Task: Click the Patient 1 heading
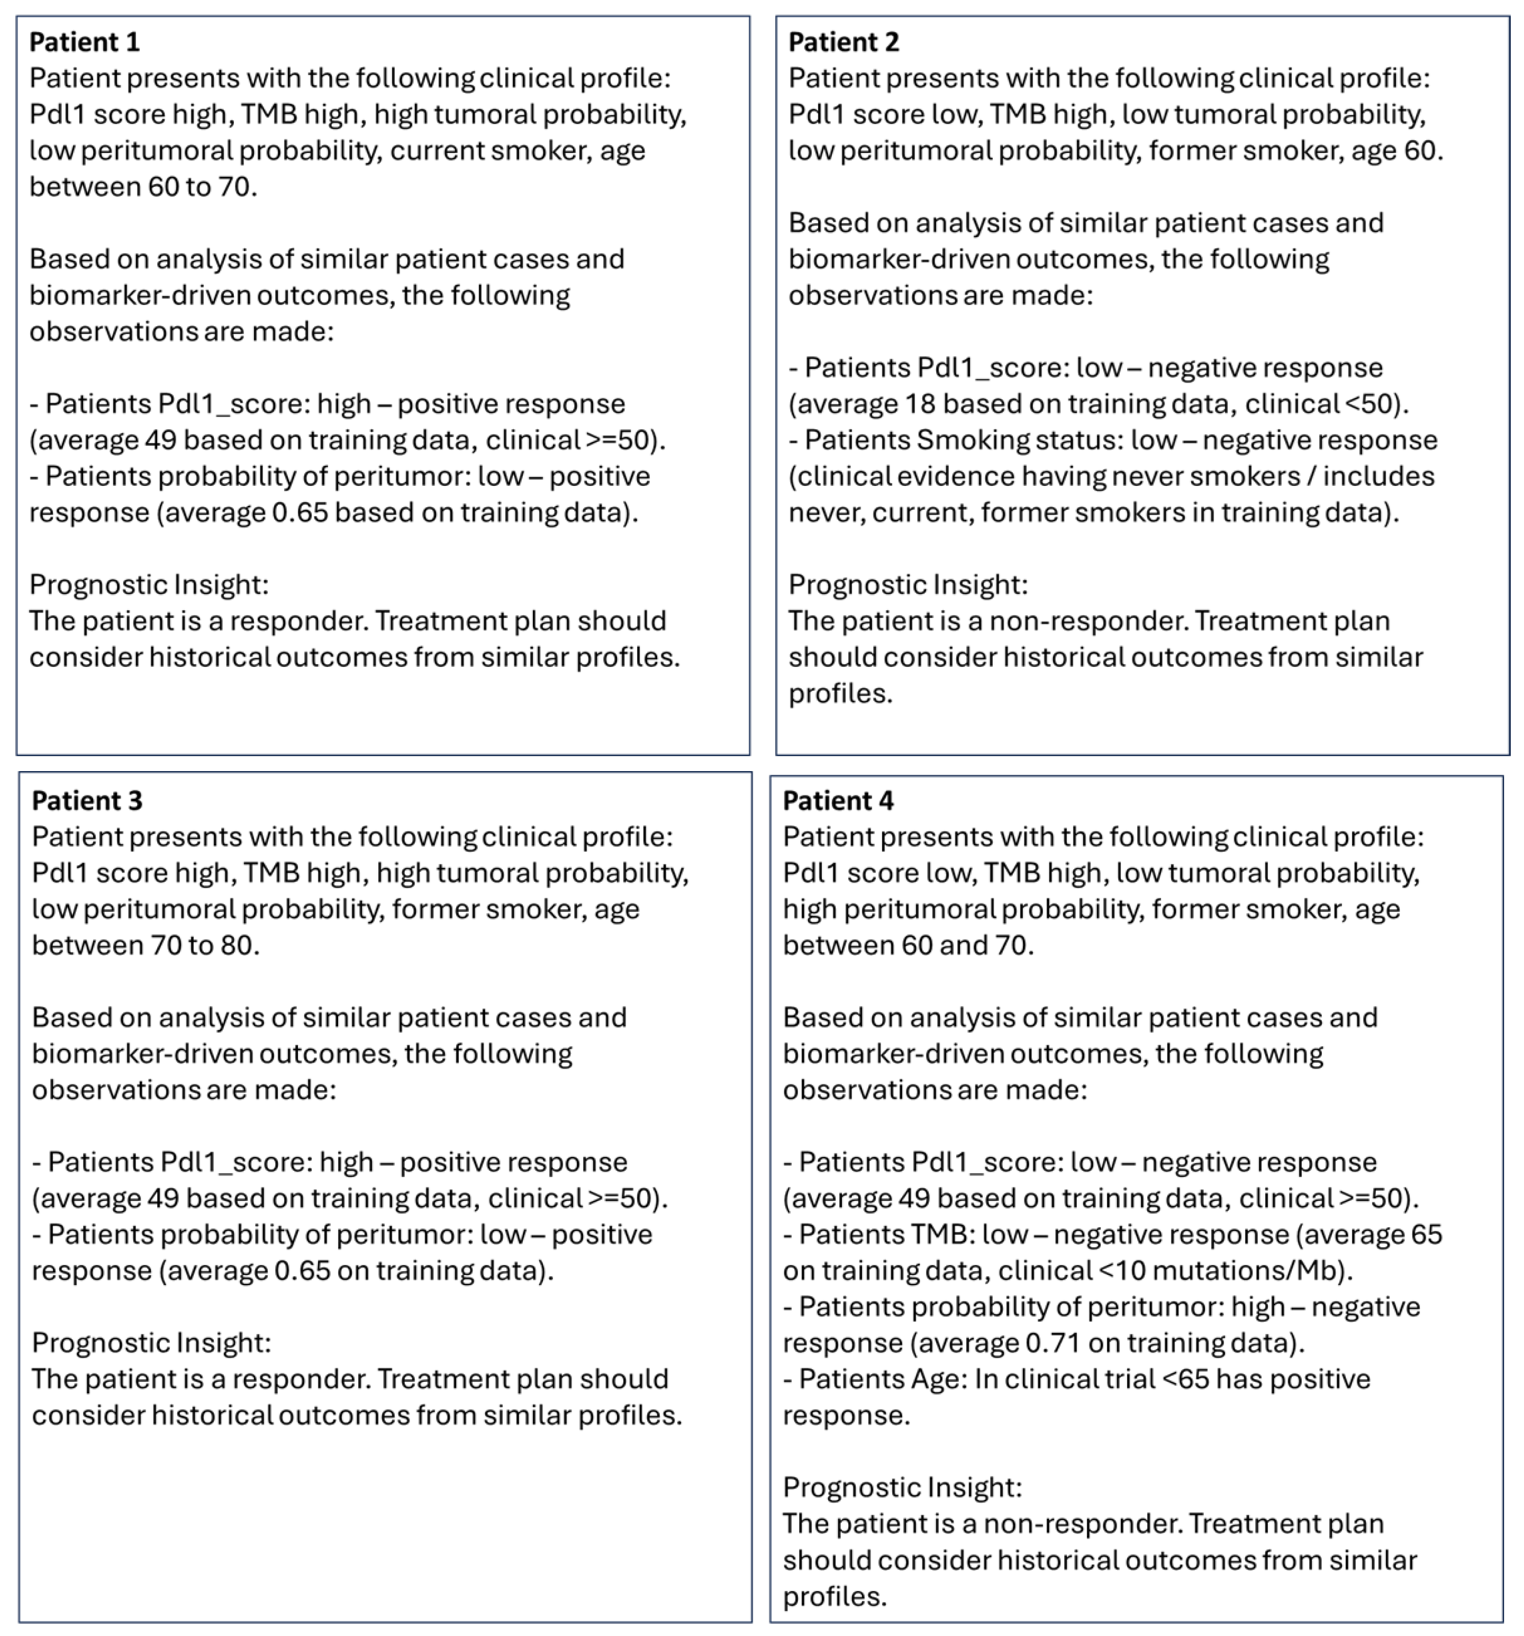[x=84, y=42]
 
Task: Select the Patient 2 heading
[x=843, y=42]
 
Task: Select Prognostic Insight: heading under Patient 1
[x=149, y=584]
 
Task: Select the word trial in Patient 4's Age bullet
[x=1129, y=1379]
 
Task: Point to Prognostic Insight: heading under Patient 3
[x=151, y=1343]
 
